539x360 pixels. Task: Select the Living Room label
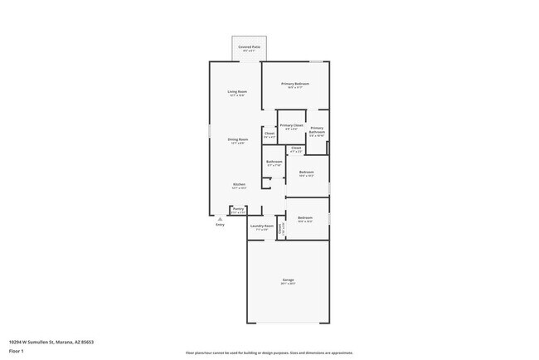coord(237,91)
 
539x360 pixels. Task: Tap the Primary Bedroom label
coord(295,84)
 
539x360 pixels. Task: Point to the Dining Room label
coord(238,139)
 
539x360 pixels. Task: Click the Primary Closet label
coord(291,125)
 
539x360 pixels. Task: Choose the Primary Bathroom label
coord(317,130)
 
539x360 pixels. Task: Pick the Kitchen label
coord(239,184)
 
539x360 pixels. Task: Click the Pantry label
coord(238,209)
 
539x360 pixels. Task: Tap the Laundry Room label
coord(262,226)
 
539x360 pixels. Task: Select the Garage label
coord(289,280)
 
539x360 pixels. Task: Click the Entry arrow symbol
coord(220,218)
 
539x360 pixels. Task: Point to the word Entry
coord(220,225)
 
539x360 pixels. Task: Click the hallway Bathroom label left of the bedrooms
coord(274,162)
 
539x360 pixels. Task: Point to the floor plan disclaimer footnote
coord(269,352)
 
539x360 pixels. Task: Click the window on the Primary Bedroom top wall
coord(316,61)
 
